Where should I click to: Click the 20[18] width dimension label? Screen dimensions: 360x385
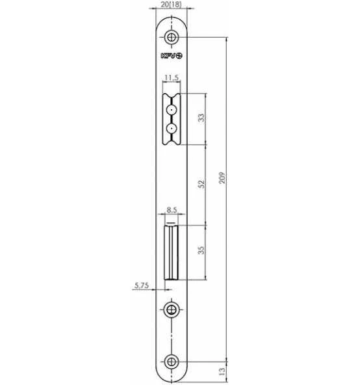click(x=171, y=5)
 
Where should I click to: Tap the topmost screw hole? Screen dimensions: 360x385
click(x=172, y=37)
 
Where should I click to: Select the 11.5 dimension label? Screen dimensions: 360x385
click(x=172, y=77)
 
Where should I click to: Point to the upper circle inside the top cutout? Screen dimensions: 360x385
click(x=172, y=110)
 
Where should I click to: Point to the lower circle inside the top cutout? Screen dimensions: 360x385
click(x=172, y=128)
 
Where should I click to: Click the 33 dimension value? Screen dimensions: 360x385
click(x=201, y=118)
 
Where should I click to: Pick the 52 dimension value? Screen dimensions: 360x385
click(x=201, y=184)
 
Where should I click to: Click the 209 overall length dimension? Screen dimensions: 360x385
click(x=222, y=178)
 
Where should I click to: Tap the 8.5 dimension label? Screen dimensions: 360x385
click(x=172, y=210)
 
